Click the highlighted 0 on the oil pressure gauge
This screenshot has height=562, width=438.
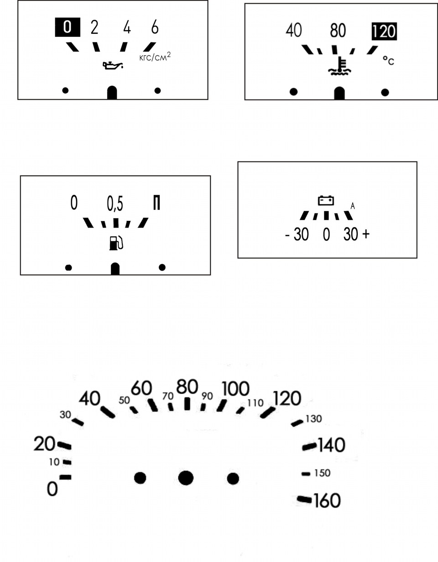click(68, 27)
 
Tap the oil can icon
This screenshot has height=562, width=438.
click(113, 65)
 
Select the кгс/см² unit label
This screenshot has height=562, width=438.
click(155, 57)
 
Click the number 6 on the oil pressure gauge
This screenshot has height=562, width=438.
click(155, 27)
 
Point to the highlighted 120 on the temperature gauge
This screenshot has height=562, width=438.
click(384, 31)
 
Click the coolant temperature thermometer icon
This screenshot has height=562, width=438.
click(339, 66)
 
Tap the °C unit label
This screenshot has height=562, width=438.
click(388, 61)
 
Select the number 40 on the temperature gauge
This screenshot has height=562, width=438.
click(294, 30)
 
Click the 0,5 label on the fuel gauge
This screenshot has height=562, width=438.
click(115, 204)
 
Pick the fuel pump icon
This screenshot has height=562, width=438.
click(116, 243)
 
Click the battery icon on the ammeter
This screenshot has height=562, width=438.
click(326, 200)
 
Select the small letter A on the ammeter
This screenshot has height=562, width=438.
click(353, 206)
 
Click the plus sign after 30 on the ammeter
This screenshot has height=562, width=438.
click(366, 234)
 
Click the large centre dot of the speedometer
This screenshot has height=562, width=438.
click(186, 478)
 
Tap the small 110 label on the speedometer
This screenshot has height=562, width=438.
click(255, 403)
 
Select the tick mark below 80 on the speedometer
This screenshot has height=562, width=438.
click(187, 404)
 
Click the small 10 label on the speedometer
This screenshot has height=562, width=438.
click(54, 462)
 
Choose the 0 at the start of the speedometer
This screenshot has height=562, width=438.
click(52, 489)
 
